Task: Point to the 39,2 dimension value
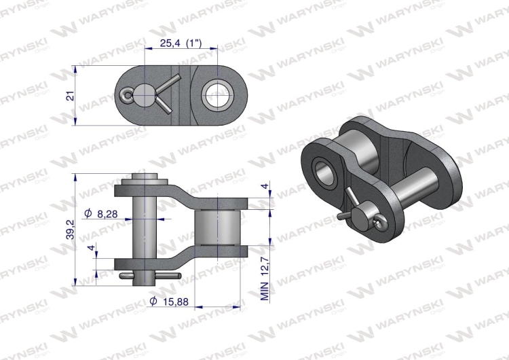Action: pyautogui.click(x=69, y=231)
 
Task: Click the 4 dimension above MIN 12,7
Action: pyautogui.click(x=265, y=185)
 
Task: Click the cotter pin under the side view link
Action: pyautogui.click(x=150, y=275)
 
